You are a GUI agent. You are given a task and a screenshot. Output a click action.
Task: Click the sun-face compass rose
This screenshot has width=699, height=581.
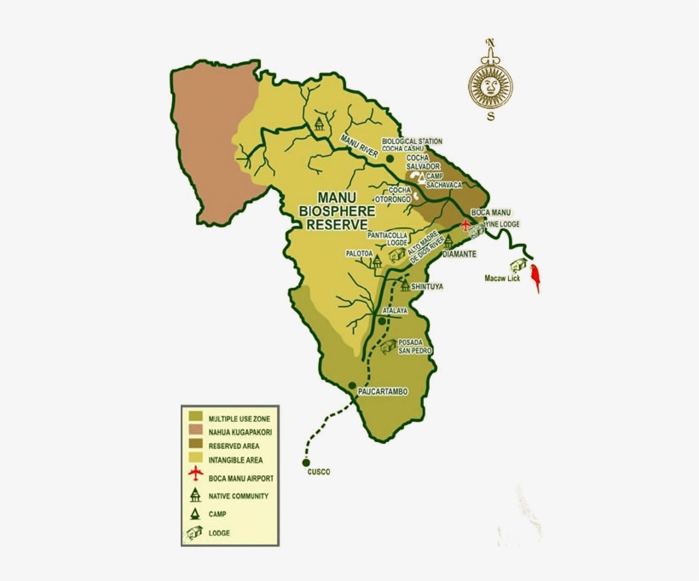pyautogui.click(x=491, y=83)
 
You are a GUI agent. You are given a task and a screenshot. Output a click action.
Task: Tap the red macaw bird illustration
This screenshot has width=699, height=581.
pyautogui.click(x=536, y=278)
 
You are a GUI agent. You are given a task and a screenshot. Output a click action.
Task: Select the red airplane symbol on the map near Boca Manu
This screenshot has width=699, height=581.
pyautogui.click(x=465, y=226)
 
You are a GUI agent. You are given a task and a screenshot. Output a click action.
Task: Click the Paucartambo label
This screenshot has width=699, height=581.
pyautogui.click(x=383, y=392)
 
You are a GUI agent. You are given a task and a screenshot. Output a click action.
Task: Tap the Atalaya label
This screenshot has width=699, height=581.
pyautogui.click(x=395, y=311)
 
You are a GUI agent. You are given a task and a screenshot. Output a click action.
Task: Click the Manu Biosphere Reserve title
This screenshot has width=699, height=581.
pyautogui.click(x=342, y=209)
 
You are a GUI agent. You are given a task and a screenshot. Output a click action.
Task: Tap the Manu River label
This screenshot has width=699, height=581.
pyautogui.click(x=359, y=146)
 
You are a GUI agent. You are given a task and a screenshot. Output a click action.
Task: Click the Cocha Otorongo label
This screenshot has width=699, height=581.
pyautogui.click(x=399, y=193)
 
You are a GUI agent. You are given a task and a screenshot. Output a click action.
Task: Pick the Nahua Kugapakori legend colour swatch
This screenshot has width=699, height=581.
pyautogui.click(x=195, y=432)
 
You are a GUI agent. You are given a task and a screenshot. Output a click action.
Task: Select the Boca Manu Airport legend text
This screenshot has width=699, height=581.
pyautogui.click(x=241, y=478)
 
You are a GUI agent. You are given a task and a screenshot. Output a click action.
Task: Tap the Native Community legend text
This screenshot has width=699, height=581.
pyautogui.click(x=239, y=496)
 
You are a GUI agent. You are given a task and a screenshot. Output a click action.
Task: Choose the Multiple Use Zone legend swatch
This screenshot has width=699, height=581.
pyautogui.click(x=195, y=417)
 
